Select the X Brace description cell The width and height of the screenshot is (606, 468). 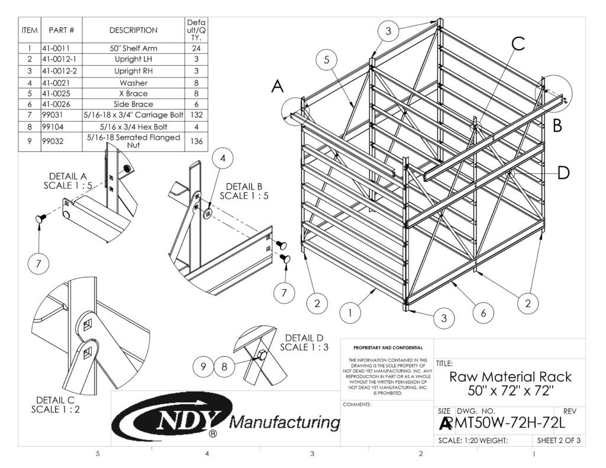[133, 93]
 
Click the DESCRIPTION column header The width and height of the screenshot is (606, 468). [133, 30]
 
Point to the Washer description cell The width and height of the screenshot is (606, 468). [133, 83]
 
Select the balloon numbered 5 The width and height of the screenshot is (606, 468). [327, 59]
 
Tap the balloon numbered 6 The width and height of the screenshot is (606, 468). [483, 312]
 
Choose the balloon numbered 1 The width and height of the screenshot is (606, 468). [351, 312]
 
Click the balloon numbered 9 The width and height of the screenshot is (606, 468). [203, 367]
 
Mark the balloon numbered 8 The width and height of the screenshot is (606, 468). [224, 367]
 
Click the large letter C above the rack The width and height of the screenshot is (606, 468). [517, 44]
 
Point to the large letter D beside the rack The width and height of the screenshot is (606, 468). [563, 173]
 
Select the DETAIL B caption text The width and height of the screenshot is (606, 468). [244, 186]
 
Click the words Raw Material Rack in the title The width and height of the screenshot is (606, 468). [510, 377]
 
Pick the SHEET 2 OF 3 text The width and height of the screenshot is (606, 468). [558, 440]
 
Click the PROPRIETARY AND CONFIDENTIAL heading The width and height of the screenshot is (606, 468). [388, 347]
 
